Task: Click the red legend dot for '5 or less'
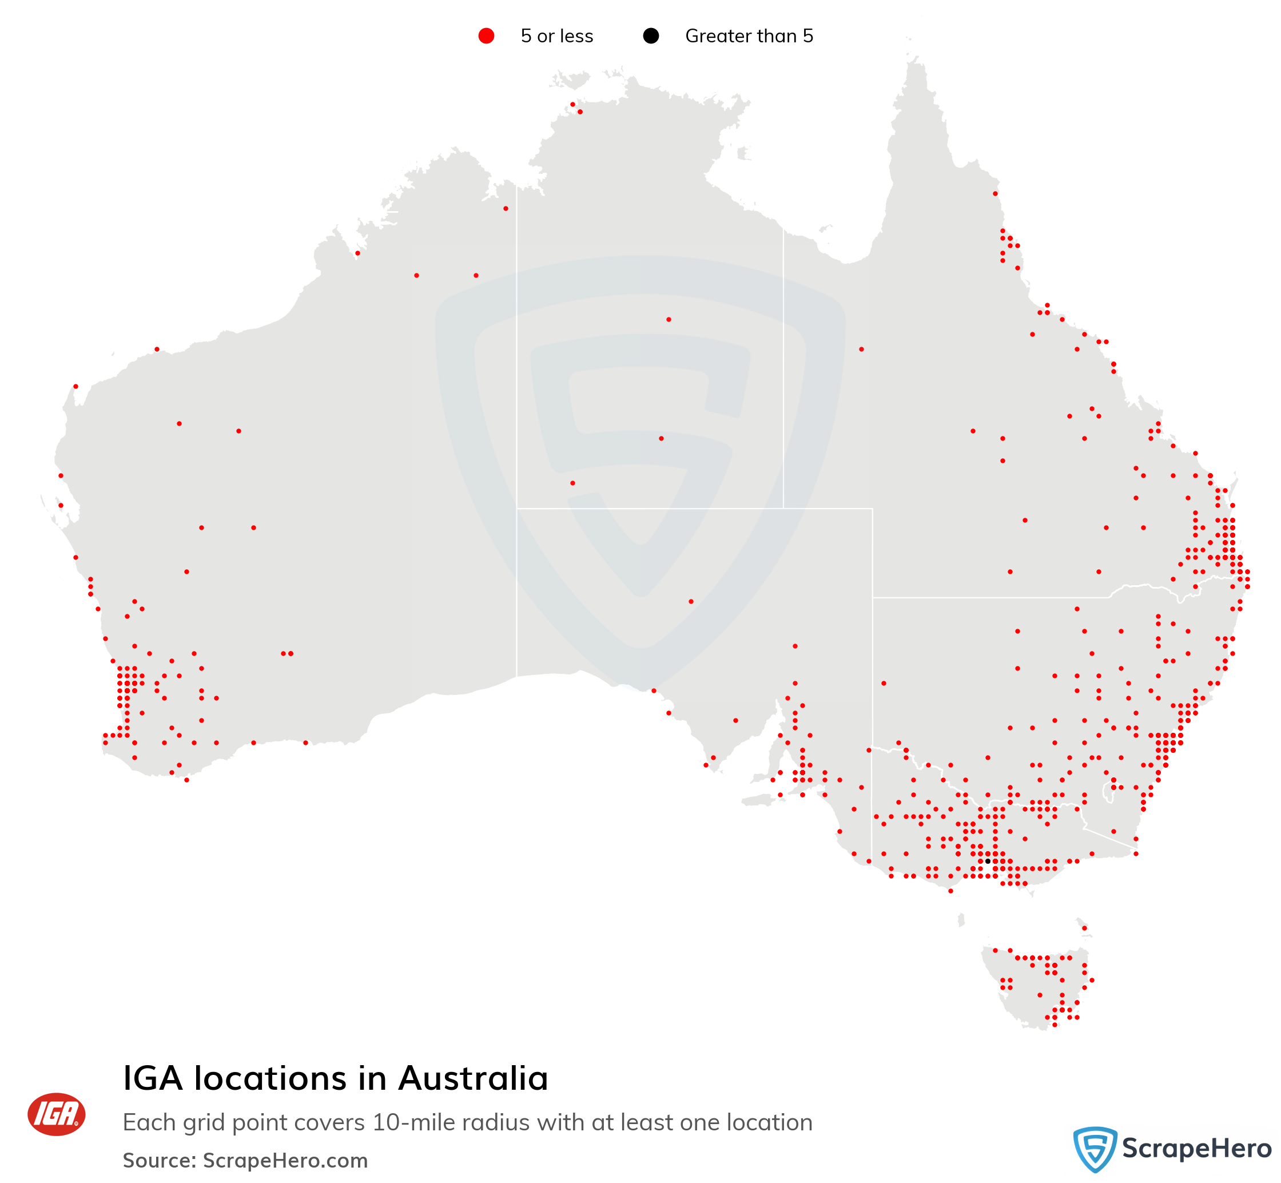point(486,36)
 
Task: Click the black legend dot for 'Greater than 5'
point(651,36)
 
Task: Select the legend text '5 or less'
point(556,36)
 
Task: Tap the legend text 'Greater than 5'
point(749,36)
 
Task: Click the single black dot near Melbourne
point(987,861)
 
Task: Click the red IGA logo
point(56,1114)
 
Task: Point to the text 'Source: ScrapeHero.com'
point(245,1160)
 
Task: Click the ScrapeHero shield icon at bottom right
point(1095,1149)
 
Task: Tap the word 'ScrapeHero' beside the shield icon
point(1196,1149)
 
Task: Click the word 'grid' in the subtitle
point(192,1122)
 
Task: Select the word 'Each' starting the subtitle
point(144,1122)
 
